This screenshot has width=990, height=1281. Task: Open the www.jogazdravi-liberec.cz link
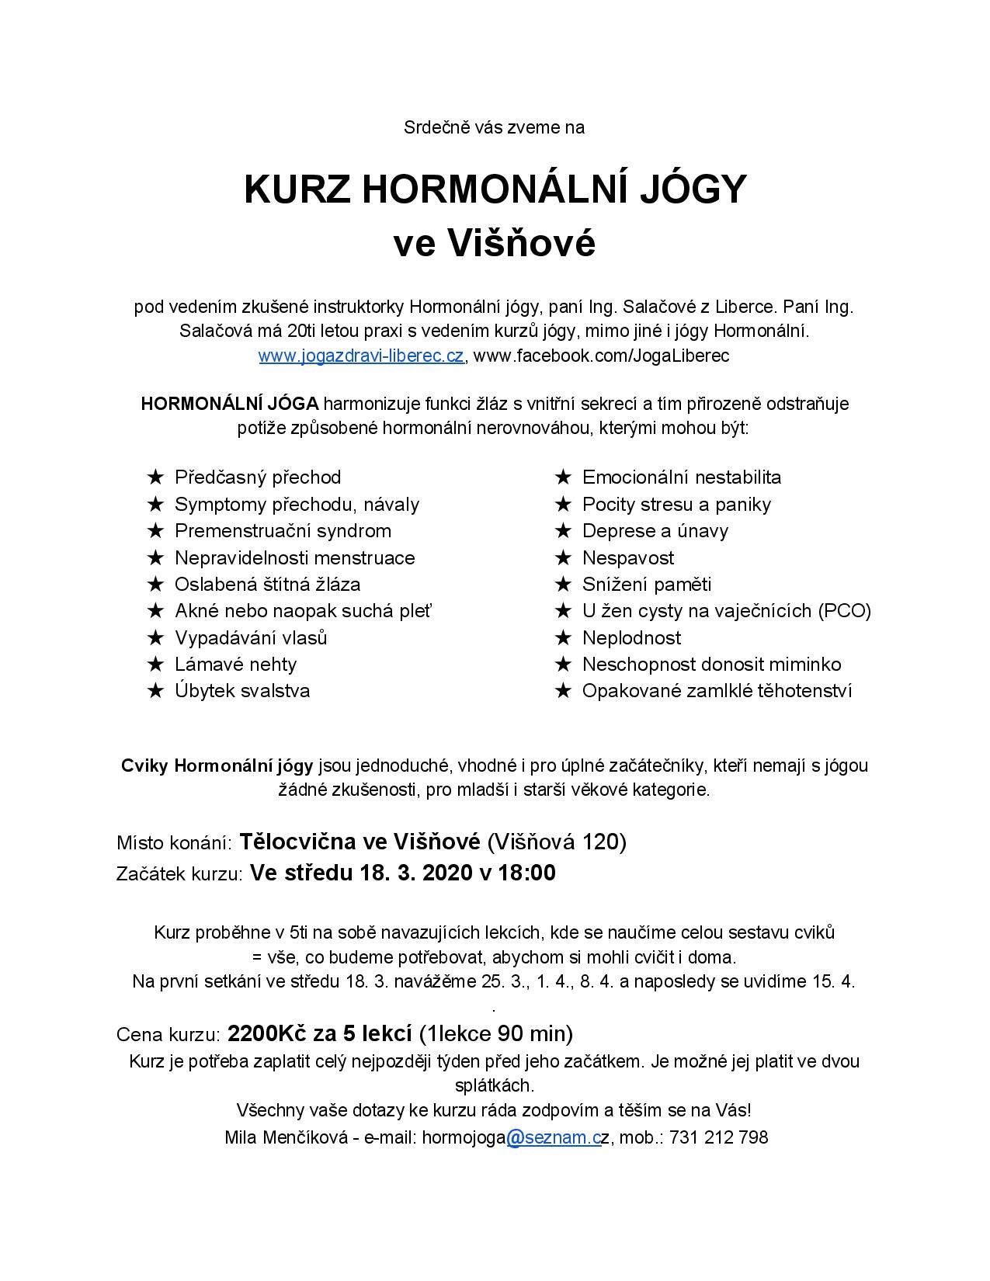361,356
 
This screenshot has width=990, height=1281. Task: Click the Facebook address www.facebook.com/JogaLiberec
601,356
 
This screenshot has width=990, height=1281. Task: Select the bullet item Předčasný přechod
258,477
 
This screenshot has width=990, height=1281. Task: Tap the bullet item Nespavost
627,558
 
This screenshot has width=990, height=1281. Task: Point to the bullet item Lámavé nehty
235,665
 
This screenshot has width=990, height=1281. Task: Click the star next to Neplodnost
563,638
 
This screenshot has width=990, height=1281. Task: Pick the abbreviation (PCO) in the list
843,611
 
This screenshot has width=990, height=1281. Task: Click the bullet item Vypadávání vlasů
251,638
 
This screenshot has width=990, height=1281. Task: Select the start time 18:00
527,873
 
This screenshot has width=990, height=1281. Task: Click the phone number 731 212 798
718,1138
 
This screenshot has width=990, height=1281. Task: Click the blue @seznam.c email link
554,1138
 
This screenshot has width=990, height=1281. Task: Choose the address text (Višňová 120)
556,842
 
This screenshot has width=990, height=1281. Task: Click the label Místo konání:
174,843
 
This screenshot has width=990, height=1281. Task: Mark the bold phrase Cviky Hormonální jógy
217,766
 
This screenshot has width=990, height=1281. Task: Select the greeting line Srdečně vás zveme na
494,128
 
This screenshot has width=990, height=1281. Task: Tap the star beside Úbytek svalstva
155,692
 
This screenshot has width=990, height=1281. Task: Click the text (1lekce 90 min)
495,1034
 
